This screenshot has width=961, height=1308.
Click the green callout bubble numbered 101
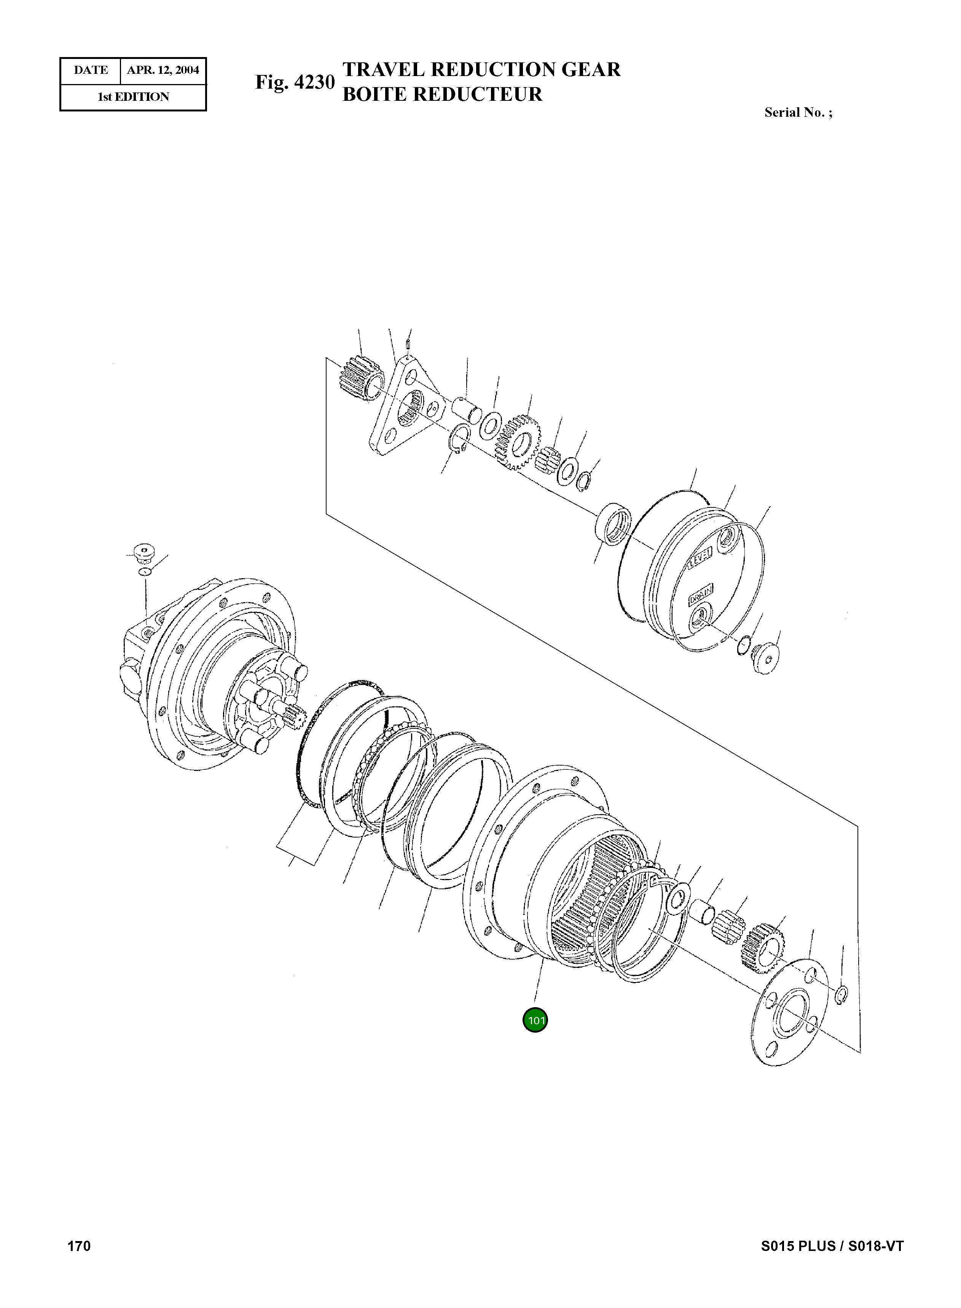click(x=535, y=1020)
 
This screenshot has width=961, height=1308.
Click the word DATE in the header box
click(x=91, y=70)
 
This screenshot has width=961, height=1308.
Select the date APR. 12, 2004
click(x=163, y=70)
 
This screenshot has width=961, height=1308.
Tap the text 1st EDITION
click(x=133, y=97)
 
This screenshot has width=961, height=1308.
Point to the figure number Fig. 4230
click(x=295, y=83)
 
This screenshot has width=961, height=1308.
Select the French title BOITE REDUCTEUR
click(x=442, y=94)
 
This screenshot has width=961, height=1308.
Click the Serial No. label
click(x=798, y=113)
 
